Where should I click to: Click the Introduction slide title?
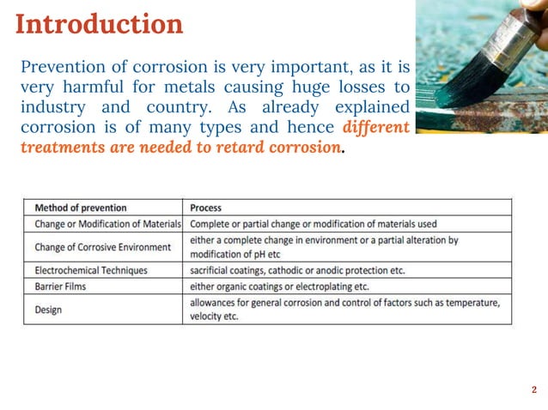point(100,24)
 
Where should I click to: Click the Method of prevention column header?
point(81,208)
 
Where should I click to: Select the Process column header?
point(205,208)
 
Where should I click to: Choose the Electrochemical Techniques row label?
point(91,270)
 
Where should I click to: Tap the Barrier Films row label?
point(61,286)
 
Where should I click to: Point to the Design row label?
point(48,309)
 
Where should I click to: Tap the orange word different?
point(374,128)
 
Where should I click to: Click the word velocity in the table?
point(209,317)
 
